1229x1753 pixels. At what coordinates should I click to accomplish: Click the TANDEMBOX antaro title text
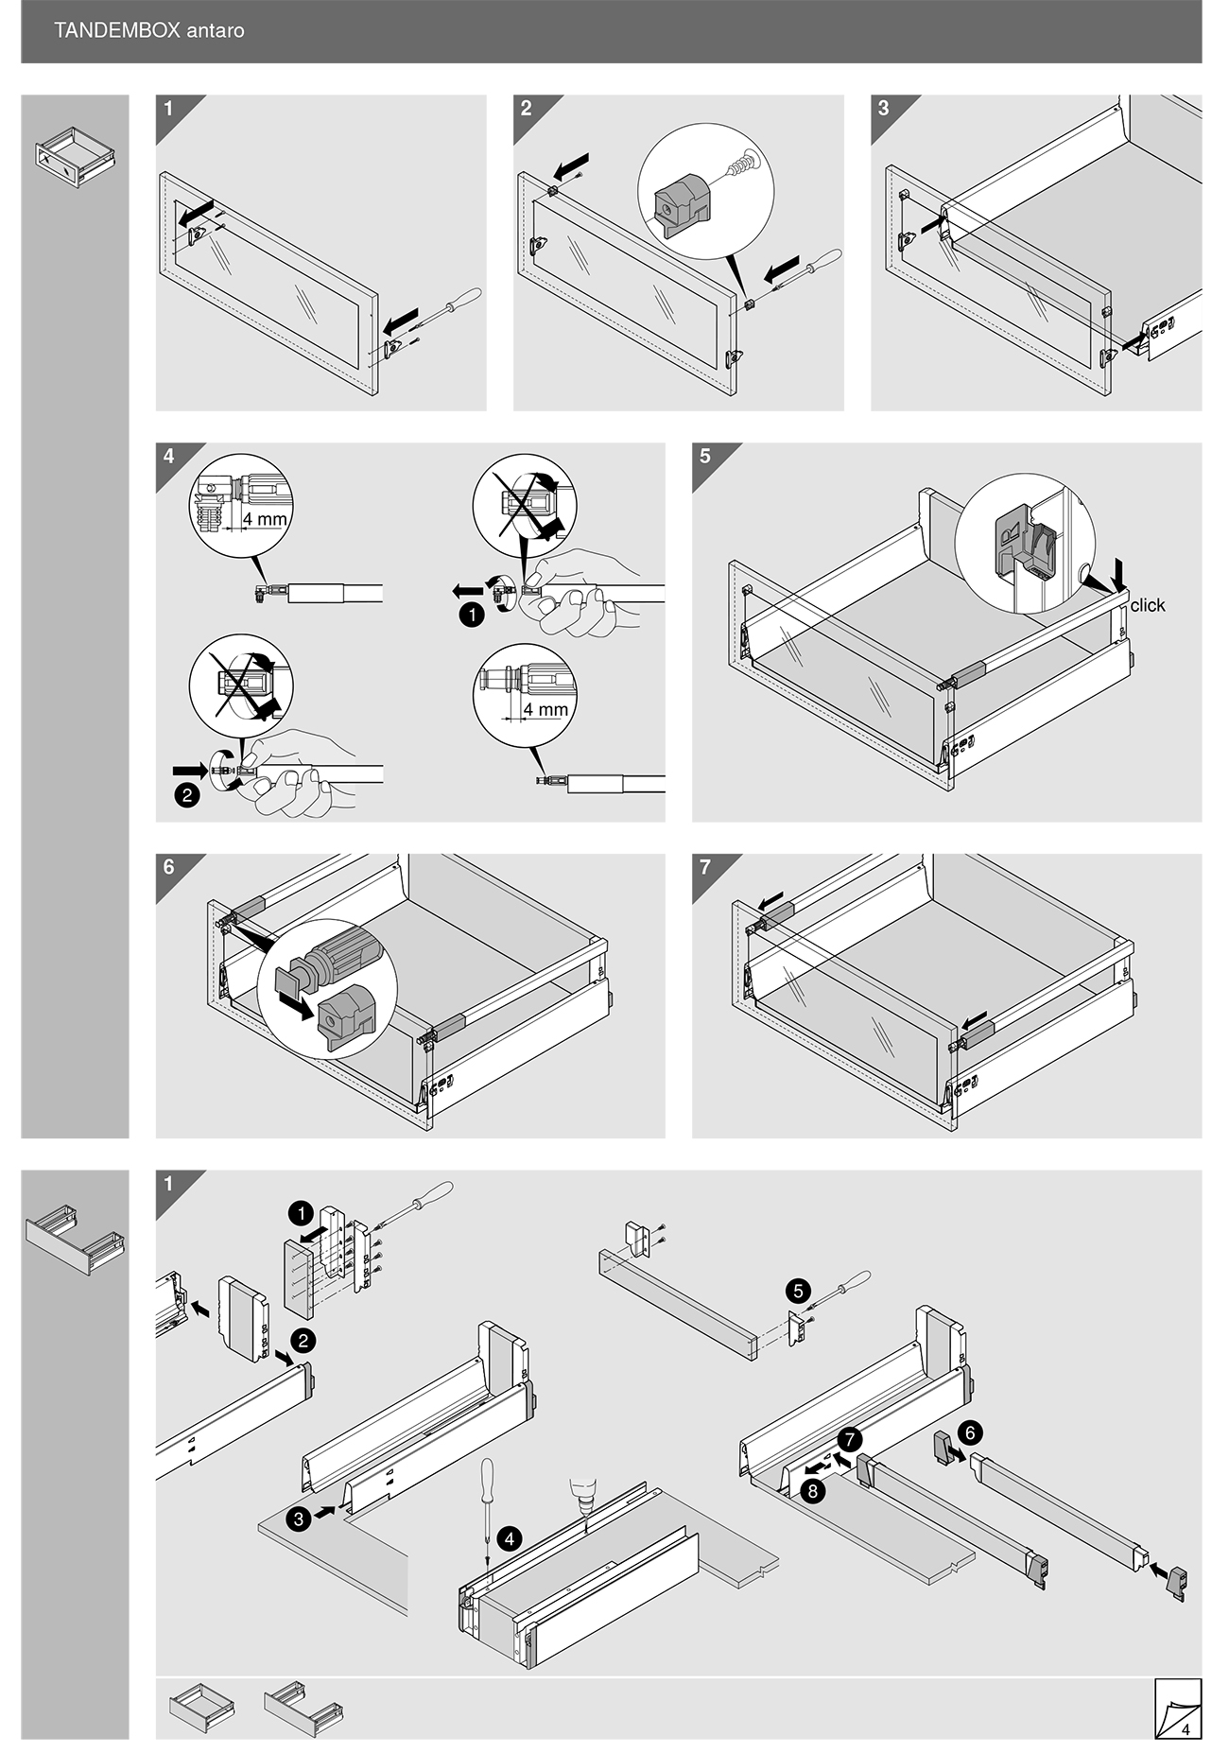point(149,30)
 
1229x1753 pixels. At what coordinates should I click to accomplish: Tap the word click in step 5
point(1147,606)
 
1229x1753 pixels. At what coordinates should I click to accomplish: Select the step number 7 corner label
point(705,867)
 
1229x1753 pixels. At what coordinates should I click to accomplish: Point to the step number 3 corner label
point(883,108)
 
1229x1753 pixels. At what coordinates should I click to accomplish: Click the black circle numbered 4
point(509,1538)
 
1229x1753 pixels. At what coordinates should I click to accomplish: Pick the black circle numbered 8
point(812,1492)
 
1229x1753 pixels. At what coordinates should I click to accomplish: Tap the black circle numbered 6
point(970,1431)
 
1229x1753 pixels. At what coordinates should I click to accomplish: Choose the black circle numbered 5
point(798,1292)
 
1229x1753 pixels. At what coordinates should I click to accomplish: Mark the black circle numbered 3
point(299,1519)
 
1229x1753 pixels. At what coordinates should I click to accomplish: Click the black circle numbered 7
point(849,1440)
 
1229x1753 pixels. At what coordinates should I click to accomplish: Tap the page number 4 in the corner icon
point(1186,1730)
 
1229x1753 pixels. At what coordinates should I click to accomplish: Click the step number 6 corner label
point(168,867)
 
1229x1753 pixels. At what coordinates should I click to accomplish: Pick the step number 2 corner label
point(527,108)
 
